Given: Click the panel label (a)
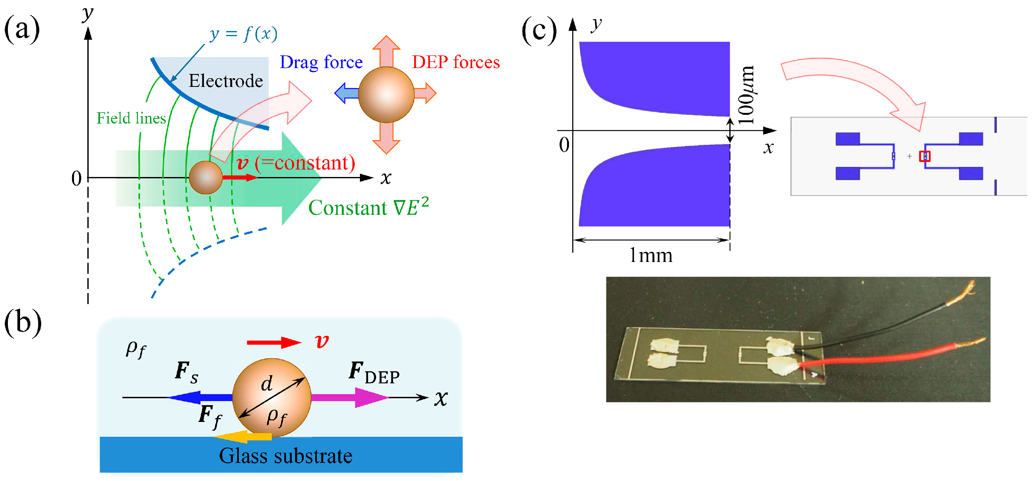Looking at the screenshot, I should click(x=22, y=29).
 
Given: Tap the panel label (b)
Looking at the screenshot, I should click(x=22, y=323).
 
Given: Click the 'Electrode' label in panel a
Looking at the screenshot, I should click(x=226, y=81).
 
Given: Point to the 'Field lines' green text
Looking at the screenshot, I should click(x=131, y=118).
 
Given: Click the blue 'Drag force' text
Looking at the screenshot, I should click(x=321, y=62).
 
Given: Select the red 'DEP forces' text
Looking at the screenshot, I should click(x=456, y=62).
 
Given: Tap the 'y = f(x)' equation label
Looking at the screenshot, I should click(x=243, y=34).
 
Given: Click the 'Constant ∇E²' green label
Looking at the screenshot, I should click(x=368, y=208).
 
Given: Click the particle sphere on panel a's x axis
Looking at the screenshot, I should click(x=206, y=178).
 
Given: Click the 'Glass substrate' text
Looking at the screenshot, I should click(x=285, y=456).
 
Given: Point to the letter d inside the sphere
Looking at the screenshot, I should click(x=267, y=384).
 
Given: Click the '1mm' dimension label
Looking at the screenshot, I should click(x=651, y=256).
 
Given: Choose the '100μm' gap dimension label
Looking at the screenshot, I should click(x=747, y=96).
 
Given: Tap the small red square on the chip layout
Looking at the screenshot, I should click(x=925, y=156).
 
